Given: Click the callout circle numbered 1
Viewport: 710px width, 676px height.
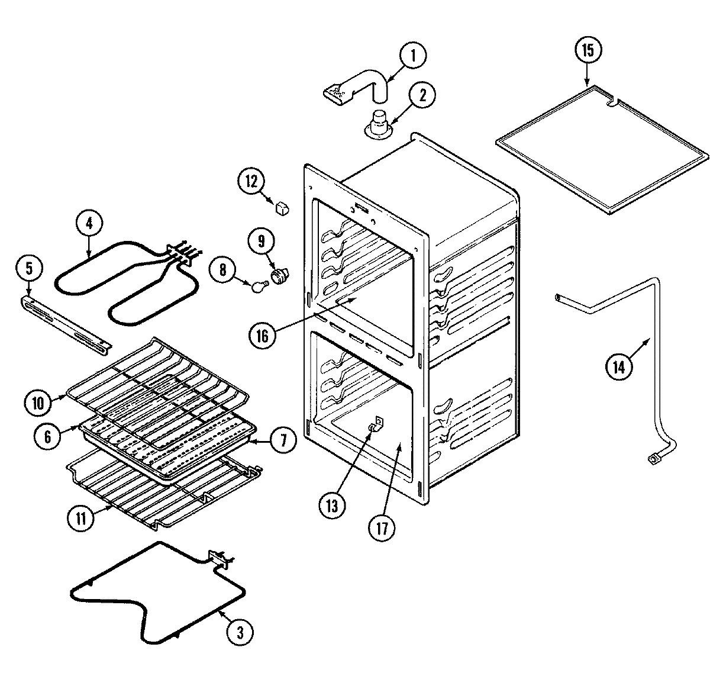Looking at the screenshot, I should pos(412,56).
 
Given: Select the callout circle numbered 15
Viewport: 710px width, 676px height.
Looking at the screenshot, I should pos(587,50).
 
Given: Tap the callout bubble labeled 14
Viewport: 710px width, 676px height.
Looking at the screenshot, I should pos(618,368).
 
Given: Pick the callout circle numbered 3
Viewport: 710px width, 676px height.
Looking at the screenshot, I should pos(240,632).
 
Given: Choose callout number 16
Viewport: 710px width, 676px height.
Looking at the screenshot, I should pos(262,336).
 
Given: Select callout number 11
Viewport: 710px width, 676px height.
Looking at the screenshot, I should pos(80,519).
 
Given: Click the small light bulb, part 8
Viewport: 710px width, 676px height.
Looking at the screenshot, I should pos(259,287).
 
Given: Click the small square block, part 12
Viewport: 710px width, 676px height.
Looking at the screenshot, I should pos(282,207).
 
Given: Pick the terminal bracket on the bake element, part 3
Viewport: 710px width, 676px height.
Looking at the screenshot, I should pos(219,558).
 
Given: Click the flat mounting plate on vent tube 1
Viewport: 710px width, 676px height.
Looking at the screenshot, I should pos(339,93).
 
